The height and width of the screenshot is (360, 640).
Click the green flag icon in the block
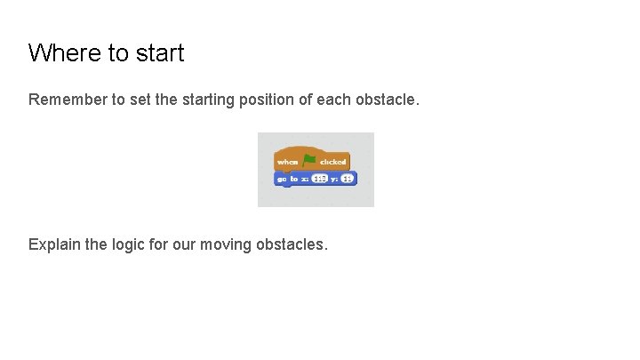click(x=308, y=160)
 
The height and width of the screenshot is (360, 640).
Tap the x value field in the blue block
click(x=320, y=179)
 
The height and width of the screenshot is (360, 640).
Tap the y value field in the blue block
click(x=347, y=179)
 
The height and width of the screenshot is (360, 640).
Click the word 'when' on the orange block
click(x=287, y=162)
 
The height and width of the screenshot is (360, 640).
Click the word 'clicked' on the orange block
click(x=332, y=162)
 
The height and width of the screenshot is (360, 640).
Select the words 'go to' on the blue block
click(x=287, y=179)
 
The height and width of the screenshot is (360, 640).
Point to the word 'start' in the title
click(x=160, y=53)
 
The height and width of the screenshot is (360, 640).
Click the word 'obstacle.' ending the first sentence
click(x=387, y=100)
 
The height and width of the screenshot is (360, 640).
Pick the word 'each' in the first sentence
click(x=334, y=100)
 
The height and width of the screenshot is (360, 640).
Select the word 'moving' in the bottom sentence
click(x=223, y=243)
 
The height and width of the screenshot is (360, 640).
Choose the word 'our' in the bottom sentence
click(x=184, y=243)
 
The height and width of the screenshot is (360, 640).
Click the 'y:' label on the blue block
click(x=335, y=179)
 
